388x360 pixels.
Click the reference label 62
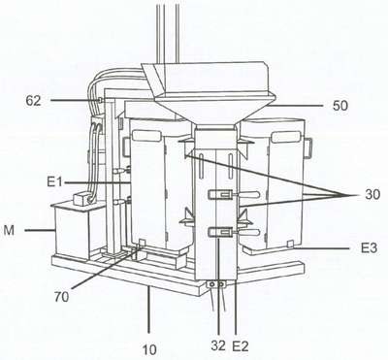[x=34, y=101]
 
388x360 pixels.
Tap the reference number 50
[x=340, y=106]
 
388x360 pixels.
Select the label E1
[x=54, y=182]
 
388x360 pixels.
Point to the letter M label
[x=10, y=230]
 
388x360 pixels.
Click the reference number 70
[x=61, y=297]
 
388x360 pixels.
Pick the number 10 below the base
[x=149, y=349]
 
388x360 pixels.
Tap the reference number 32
[x=218, y=345]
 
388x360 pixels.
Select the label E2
[x=241, y=346]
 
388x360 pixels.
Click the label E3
[x=369, y=248]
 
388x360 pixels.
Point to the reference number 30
[x=372, y=195]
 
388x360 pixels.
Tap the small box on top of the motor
[x=82, y=199]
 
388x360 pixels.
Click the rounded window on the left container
[x=146, y=136]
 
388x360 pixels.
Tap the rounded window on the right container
[x=286, y=137]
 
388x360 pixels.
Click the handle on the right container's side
[x=308, y=147]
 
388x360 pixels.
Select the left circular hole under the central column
[x=212, y=284]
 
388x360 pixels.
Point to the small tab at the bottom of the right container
[x=290, y=245]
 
